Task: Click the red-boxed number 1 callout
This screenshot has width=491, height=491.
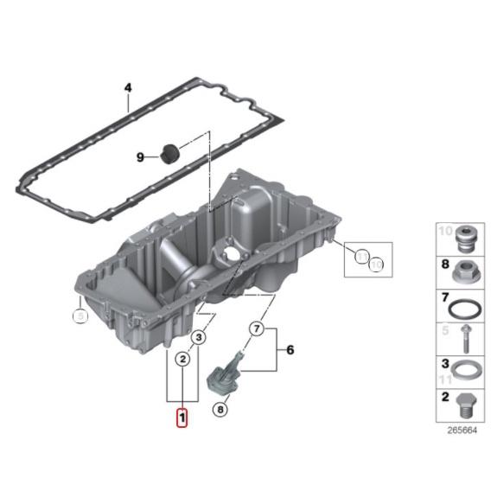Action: (181, 418)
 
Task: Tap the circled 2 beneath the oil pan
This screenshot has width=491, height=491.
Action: (182, 358)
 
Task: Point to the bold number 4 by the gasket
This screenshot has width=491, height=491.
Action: (127, 88)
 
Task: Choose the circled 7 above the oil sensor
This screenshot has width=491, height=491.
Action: (256, 328)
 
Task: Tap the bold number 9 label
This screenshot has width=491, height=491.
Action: (140, 156)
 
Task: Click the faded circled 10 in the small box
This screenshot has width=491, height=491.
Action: (362, 255)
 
